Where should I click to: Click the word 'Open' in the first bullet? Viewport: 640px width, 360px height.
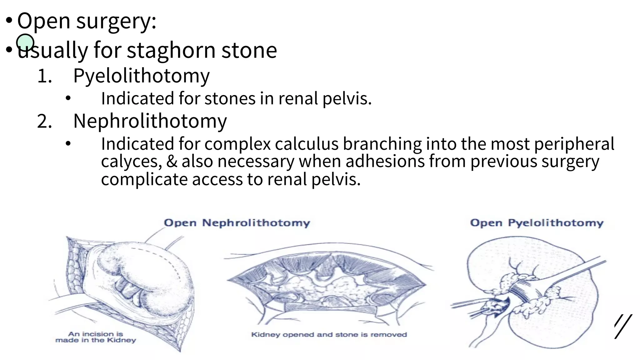click(x=43, y=21)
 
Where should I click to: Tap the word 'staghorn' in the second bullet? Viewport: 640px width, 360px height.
click(x=171, y=50)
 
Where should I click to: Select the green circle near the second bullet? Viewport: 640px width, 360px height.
click(x=25, y=42)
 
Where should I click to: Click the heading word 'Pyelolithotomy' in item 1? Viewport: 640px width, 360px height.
click(x=141, y=76)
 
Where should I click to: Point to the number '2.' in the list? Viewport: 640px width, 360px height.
click(x=44, y=121)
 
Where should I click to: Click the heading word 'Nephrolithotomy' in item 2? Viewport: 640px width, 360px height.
click(x=150, y=121)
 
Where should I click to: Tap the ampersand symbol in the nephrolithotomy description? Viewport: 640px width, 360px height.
click(x=172, y=162)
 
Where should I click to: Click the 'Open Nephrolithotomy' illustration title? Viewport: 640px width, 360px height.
click(x=237, y=223)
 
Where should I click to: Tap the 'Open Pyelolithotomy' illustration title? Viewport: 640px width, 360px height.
click(x=537, y=223)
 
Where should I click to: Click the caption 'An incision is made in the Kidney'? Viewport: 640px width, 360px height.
click(x=96, y=337)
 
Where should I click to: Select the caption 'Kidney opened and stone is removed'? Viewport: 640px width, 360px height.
click(x=329, y=335)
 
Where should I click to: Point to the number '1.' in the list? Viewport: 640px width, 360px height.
click(x=44, y=76)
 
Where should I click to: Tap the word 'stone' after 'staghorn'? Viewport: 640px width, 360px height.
click(x=249, y=50)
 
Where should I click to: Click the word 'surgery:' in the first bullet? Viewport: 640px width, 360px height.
click(x=116, y=21)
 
